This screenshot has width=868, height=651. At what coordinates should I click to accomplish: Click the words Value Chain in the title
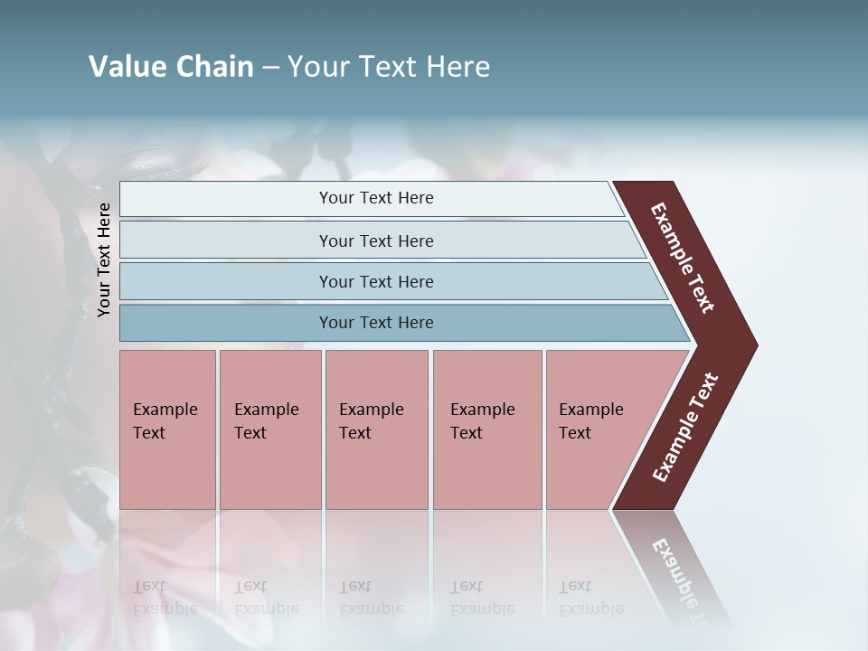(x=171, y=67)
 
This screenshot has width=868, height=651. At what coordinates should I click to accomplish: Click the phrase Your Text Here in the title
(x=389, y=67)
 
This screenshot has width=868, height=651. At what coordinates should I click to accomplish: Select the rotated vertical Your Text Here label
(x=104, y=259)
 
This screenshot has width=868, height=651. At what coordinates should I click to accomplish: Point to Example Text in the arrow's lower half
(x=685, y=428)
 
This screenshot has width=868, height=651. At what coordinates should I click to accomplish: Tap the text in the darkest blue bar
(x=376, y=323)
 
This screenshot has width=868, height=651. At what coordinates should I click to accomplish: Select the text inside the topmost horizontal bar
(x=376, y=198)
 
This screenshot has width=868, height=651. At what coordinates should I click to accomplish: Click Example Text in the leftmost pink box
(x=165, y=420)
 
